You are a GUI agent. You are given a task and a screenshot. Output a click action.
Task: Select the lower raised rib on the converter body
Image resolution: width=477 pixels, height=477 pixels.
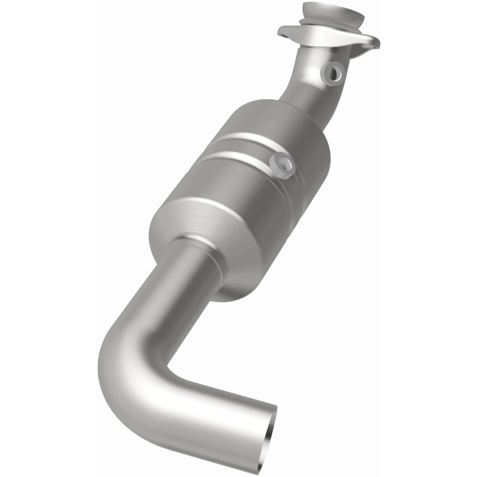click(x=238, y=159)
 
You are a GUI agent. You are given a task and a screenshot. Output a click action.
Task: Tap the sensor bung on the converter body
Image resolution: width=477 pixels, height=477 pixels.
click(x=282, y=165)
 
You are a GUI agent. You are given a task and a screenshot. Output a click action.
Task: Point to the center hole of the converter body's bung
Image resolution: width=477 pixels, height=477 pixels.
click(x=283, y=164)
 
